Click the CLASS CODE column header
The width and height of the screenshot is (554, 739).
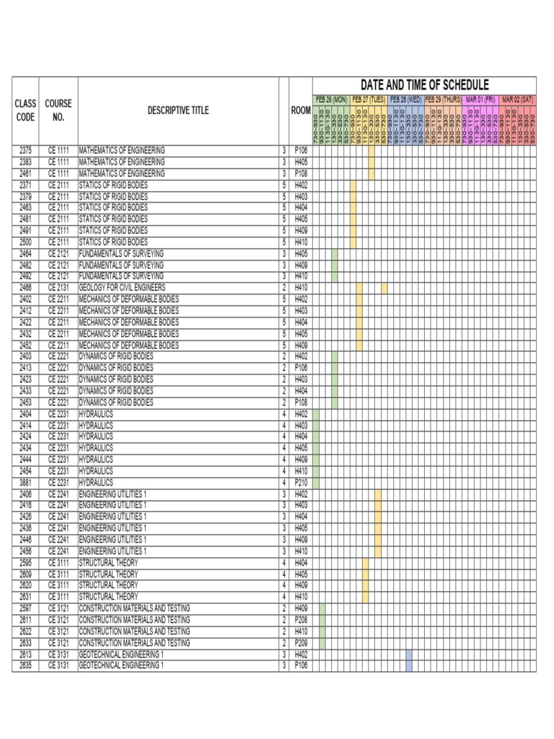pos(25,110)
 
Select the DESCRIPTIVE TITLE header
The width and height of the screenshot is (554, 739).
pos(178,110)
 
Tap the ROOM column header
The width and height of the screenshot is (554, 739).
pos(301,110)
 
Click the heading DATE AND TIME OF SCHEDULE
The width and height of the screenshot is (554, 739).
pos(424,85)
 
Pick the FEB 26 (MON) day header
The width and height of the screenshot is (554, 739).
pos(331,99)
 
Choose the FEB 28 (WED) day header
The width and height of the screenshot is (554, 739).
pos(405,99)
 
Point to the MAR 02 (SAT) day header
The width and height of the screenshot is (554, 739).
pos(518,99)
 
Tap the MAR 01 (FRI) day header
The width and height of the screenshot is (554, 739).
pos(480,99)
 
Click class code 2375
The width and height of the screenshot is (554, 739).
pos(25,150)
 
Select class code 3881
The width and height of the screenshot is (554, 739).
pos(25,482)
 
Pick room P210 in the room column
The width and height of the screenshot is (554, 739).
pos(301,482)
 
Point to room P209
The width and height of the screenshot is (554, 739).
pos(301,642)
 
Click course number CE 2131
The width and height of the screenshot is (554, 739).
pos(58,287)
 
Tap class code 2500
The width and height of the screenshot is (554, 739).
pos(25,242)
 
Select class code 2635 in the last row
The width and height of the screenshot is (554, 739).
pos(25,665)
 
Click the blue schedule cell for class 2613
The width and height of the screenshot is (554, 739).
pos(409,654)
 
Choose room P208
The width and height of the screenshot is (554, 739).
pos(301,619)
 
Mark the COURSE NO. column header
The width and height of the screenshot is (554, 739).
pos(58,110)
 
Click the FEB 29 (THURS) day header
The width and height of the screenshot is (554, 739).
pos(443,99)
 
